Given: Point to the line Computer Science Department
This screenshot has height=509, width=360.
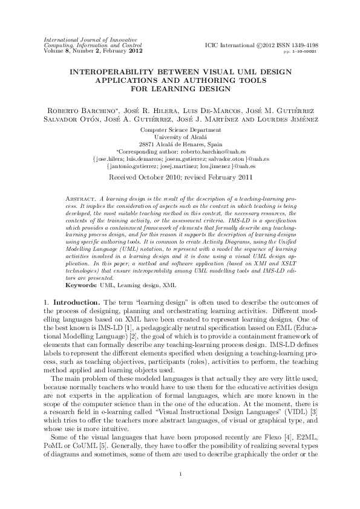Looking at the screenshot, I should tap(180, 130).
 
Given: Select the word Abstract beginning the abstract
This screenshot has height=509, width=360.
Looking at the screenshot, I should tap(80, 198).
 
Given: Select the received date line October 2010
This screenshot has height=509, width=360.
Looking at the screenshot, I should tap(180, 178).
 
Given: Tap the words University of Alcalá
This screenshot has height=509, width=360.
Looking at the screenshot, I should tap(180, 137).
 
